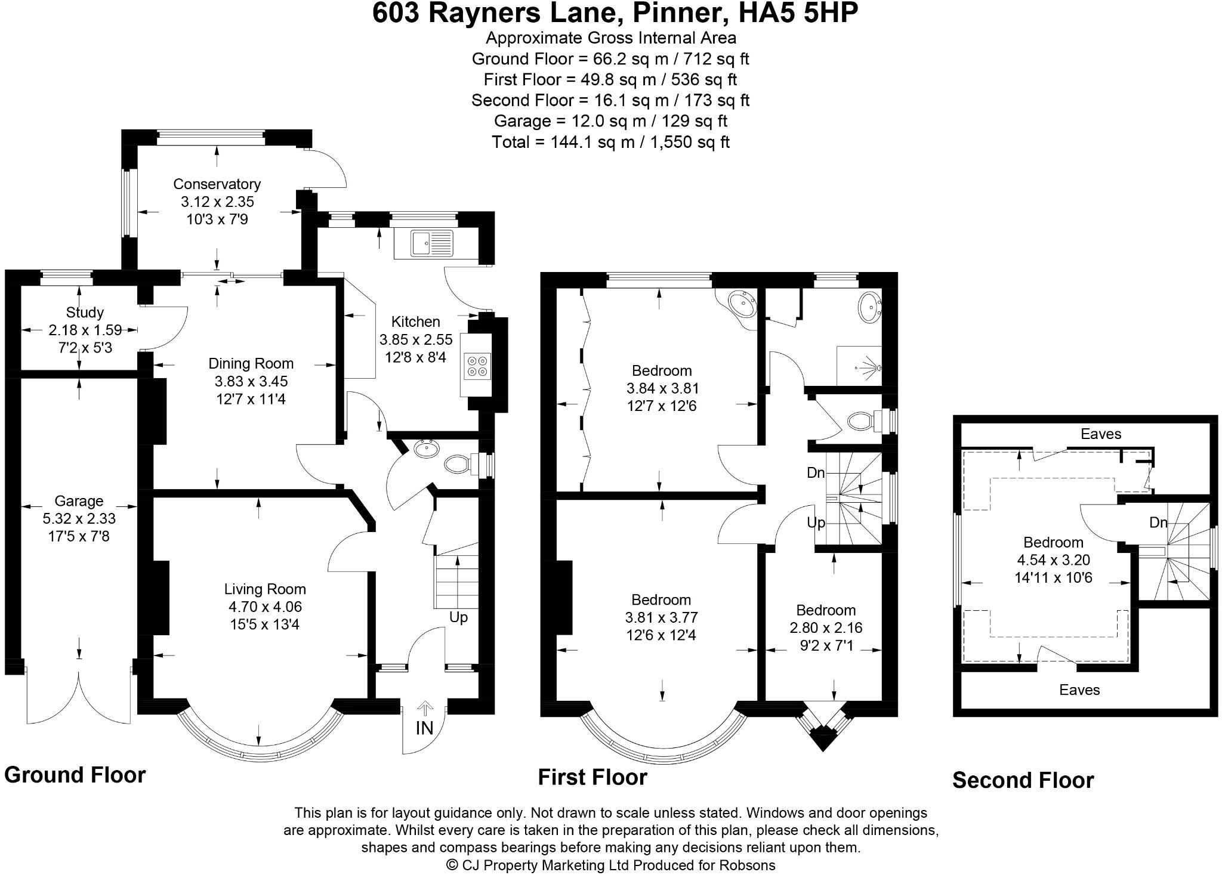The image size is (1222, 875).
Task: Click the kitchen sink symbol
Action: point(424,244)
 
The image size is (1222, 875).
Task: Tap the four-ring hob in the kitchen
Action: point(476,366)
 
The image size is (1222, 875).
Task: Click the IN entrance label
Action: point(424,728)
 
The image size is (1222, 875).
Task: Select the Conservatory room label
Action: point(217,184)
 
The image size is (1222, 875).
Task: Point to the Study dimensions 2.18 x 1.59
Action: point(85,330)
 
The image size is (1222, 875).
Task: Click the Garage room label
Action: point(79,501)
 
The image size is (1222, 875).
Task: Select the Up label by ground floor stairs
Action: point(458,617)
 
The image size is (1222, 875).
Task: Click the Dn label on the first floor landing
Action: point(816,473)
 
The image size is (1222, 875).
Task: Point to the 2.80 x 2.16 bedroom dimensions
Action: point(826,627)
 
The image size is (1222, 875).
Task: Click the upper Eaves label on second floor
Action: point(1101,434)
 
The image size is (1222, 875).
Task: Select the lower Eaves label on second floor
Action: point(1079,690)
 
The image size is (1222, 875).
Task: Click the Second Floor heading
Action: point(1023,780)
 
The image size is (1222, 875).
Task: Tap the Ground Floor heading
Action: point(75,775)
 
